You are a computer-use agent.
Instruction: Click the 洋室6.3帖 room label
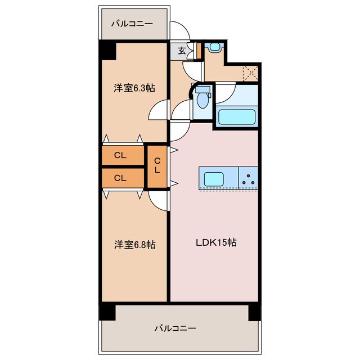pos(134,88)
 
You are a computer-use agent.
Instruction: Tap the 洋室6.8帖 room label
pos(134,245)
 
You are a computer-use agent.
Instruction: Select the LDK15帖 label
pos(215,243)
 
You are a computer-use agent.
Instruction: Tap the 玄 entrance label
pos(182,51)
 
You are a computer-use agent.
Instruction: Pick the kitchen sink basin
pos(213,179)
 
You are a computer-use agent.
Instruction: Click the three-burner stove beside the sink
pos(249,179)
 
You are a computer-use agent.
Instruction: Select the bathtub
pos(237,117)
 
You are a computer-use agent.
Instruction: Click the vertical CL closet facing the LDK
pos(157,166)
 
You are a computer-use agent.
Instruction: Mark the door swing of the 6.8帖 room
pos(160,201)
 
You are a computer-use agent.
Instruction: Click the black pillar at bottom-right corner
pos(255,311)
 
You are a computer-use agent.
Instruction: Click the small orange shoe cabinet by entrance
pos(199,51)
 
